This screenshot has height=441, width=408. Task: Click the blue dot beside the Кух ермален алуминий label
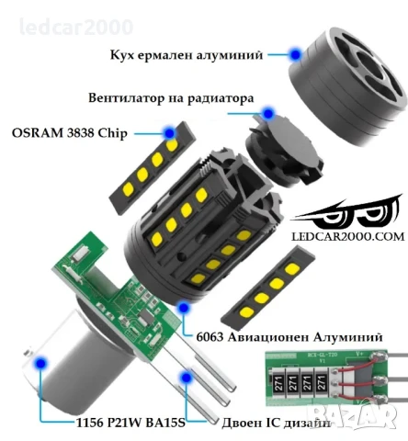click(x=295, y=55)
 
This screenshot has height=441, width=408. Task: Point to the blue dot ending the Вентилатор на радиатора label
click(x=268, y=114)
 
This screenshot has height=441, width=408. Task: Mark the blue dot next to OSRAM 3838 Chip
click(x=171, y=134)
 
